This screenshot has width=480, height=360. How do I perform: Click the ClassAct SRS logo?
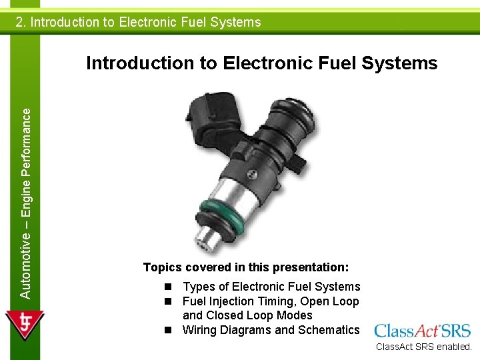[x=422, y=331]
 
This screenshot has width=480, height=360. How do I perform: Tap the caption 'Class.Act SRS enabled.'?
[x=423, y=347]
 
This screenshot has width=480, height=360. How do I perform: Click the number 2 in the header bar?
[x=20, y=22]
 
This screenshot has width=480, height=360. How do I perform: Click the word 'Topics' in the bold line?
[x=162, y=267]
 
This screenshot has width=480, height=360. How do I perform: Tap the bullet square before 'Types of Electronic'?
[x=171, y=287]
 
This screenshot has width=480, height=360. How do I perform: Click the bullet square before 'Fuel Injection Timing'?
[x=171, y=301]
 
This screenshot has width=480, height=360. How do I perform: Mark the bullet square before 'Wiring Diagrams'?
[x=171, y=330]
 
